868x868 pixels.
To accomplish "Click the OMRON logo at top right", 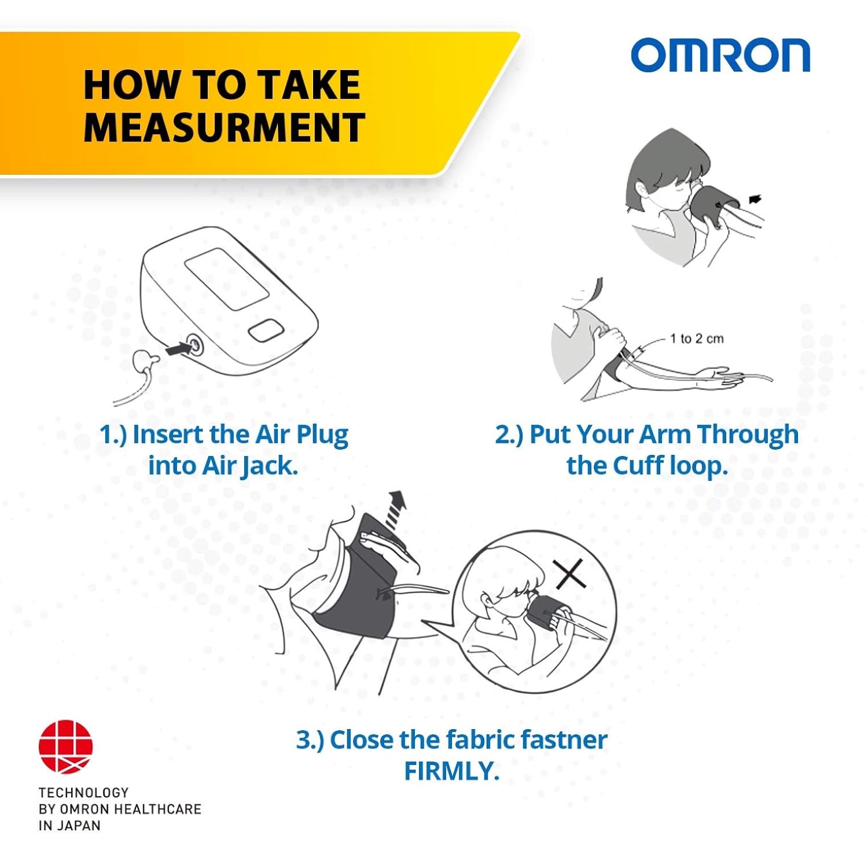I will click(x=720, y=56).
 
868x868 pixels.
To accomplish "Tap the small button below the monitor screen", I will click(x=267, y=331).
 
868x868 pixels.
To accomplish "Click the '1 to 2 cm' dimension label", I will click(x=696, y=339).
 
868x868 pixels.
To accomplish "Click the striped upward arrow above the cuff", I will click(x=396, y=509).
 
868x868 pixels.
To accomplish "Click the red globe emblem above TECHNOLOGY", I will click(x=65, y=746).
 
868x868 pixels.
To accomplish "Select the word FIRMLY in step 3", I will click(x=451, y=771).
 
